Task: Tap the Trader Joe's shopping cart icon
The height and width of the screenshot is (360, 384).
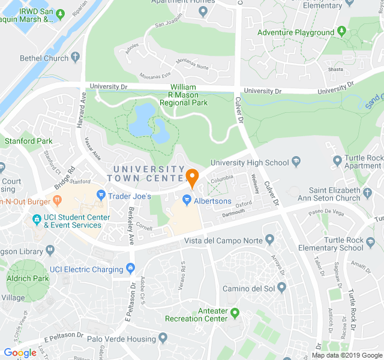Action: click(101, 196)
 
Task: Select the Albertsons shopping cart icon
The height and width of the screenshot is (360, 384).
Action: click(187, 200)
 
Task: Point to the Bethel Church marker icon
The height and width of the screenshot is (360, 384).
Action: click(75, 58)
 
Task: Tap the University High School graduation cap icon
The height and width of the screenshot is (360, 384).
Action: click(296, 163)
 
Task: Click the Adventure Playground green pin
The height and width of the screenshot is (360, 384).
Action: click(341, 32)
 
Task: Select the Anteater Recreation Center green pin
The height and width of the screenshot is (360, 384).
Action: click(235, 313)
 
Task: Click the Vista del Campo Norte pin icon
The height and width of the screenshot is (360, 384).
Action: click(269, 241)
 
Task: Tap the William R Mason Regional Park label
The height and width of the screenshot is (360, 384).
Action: click(184, 95)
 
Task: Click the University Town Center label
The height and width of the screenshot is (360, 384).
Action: click(147, 173)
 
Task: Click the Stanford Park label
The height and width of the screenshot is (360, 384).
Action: click(28, 142)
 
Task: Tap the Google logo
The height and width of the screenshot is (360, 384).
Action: click(20, 353)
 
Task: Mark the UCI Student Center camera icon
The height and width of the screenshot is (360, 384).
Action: click(37, 218)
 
